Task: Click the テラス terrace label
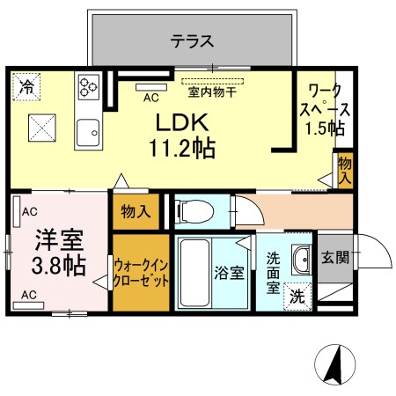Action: point(192,41)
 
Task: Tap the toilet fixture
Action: point(194,211)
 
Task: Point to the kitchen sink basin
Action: point(88,133)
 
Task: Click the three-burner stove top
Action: point(89,87)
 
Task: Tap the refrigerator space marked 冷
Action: point(26,87)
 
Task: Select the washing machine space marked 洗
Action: point(297,297)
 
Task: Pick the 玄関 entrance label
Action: point(335,258)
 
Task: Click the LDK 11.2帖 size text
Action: point(182,136)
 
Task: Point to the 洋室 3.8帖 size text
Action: point(59,253)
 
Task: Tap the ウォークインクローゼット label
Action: point(141,273)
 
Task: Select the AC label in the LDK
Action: point(151,98)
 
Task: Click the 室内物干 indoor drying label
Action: point(212,92)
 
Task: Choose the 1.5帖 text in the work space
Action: point(325,128)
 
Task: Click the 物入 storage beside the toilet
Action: point(136,211)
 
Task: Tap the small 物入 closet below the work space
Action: point(345,170)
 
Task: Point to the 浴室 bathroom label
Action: point(229,273)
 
